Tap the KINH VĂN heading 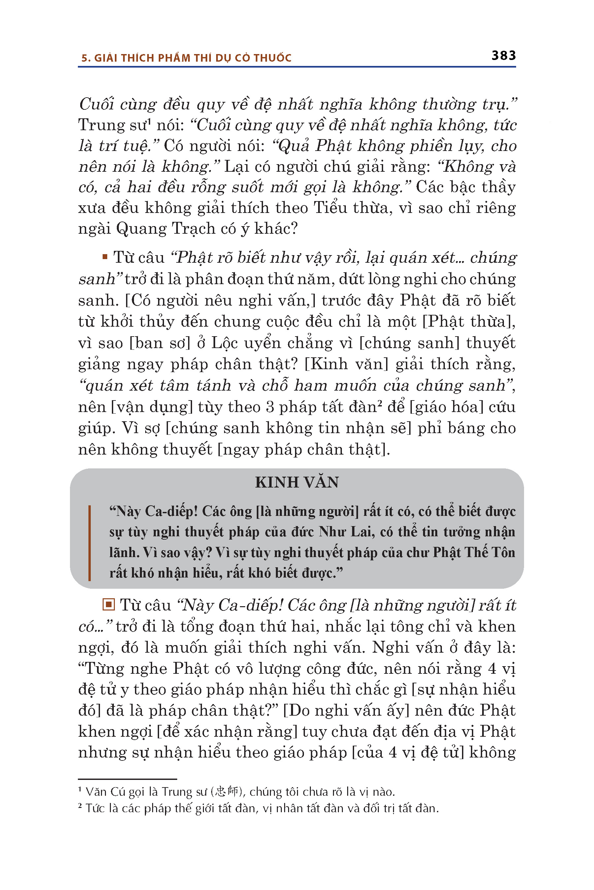pos(297,483)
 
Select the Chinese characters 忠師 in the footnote pos(226,792)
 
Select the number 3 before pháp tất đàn pos(270,407)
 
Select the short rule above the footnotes pos(127,779)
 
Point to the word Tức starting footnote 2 pos(95,808)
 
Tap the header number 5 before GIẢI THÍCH pos(84,58)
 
